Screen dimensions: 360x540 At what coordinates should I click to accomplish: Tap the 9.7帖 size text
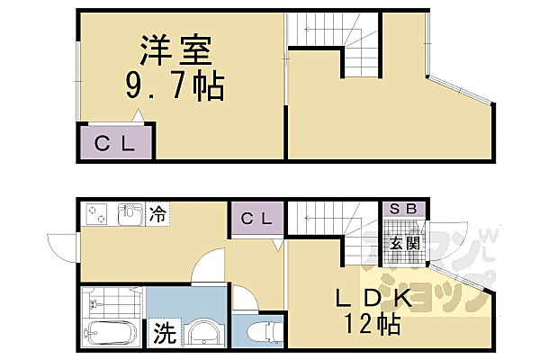click(175, 87)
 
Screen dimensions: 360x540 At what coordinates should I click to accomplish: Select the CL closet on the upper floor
click(116, 142)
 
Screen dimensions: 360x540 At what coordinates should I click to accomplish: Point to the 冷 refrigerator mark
click(157, 214)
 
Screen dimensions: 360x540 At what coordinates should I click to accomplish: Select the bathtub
click(107, 333)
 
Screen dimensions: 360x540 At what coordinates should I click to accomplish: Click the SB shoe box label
click(402, 209)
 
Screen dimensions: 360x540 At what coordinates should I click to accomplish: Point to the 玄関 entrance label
click(403, 243)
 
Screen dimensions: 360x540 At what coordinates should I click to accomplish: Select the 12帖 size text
click(371, 325)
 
